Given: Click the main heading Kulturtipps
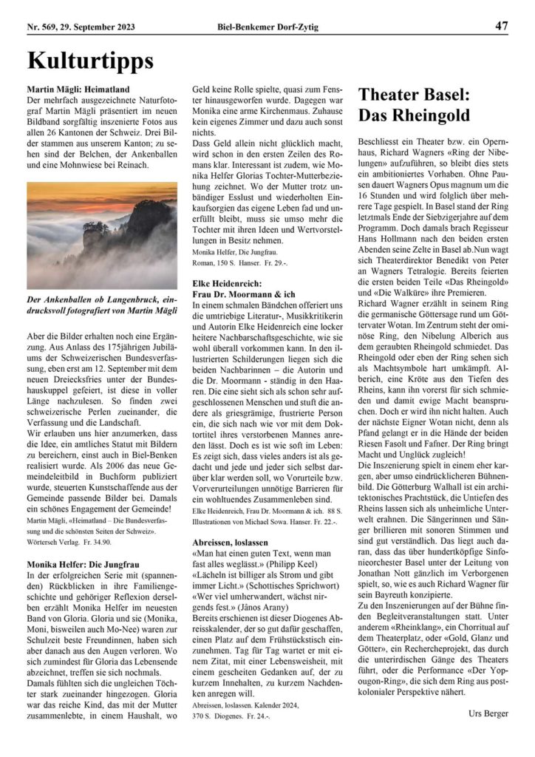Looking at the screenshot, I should coord(90,60).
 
